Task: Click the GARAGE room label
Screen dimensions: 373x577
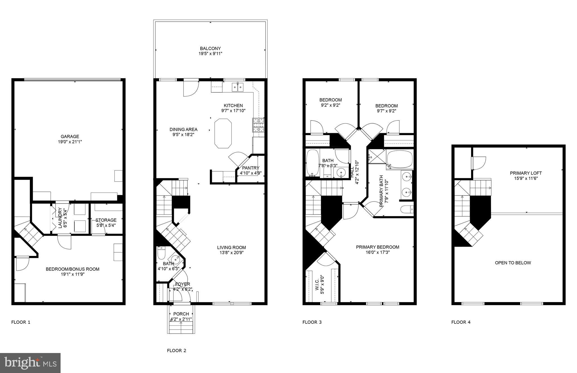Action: pyautogui.click(x=70, y=137)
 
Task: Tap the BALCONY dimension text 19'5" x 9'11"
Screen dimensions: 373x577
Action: pyautogui.click(x=210, y=53)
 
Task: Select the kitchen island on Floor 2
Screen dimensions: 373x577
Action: pyautogui.click(x=223, y=133)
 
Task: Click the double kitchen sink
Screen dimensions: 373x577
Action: pyautogui.click(x=238, y=87)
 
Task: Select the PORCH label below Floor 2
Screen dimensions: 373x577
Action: pyautogui.click(x=181, y=314)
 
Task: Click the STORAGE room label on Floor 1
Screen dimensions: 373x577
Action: pyautogui.click(x=106, y=220)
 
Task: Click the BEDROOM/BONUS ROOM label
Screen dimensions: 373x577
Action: pyautogui.click(x=72, y=269)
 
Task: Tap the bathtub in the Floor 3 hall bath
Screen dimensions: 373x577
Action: pyautogui.click(x=312, y=162)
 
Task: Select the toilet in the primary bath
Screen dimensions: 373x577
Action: pyautogui.click(x=407, y=209)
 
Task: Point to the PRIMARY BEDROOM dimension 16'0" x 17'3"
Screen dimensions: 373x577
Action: pyautogui.click(x=378, y=253)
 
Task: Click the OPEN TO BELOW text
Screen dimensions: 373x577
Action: pyautogui.click(x=513, y=263)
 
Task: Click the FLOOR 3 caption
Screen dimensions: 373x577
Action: pyautogui.click(x=312, y=322)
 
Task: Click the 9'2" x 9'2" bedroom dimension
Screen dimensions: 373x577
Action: pyautogui.click(x=330, y=105)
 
